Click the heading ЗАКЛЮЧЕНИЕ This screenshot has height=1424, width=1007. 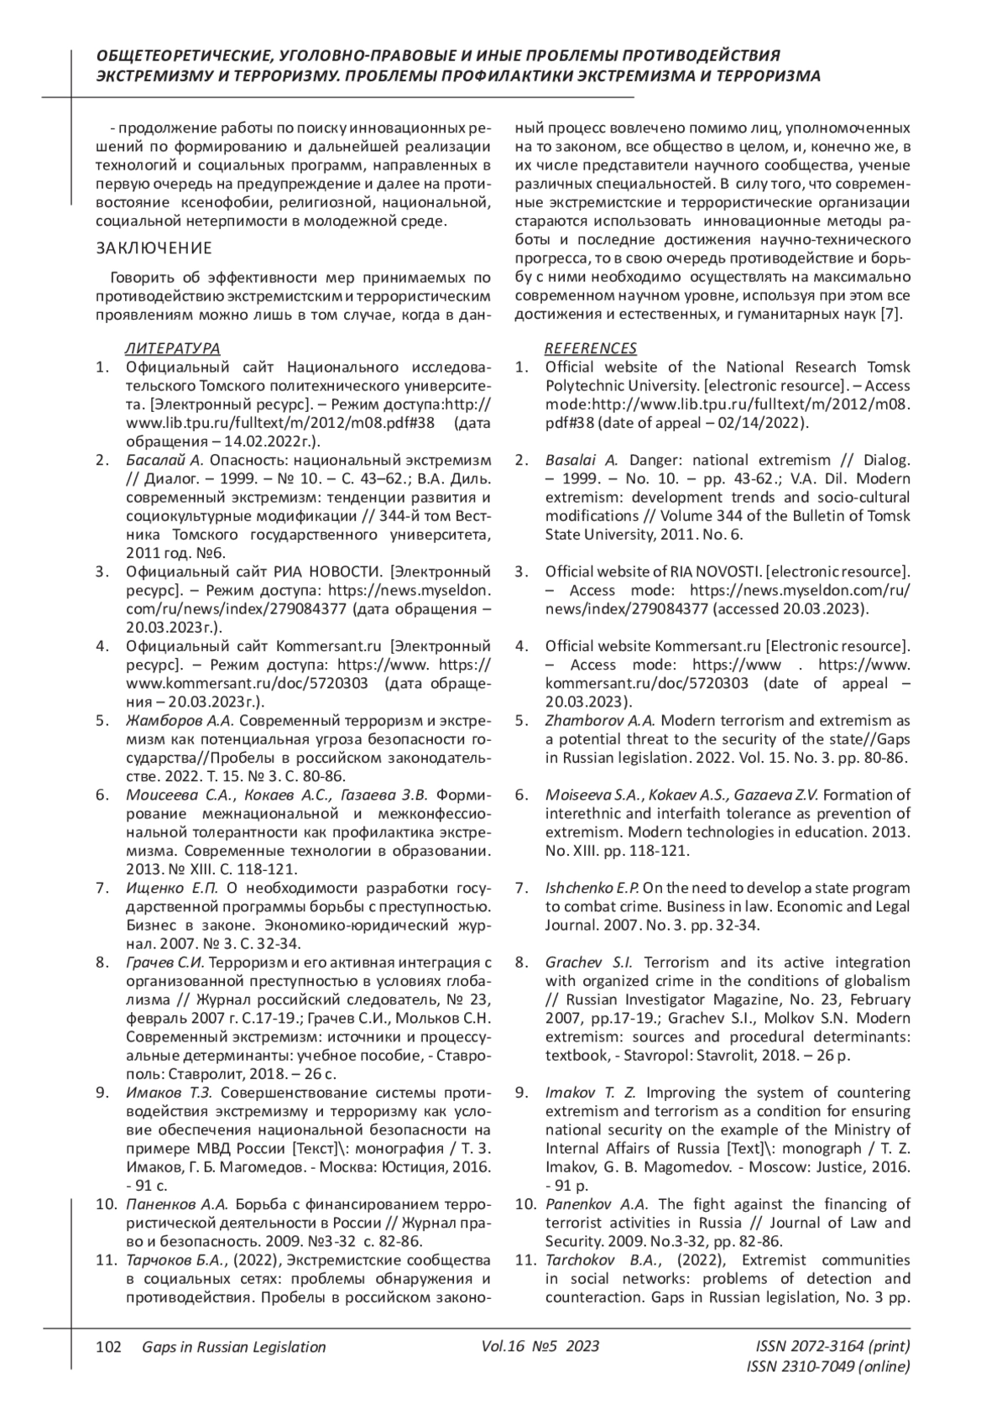(x=154, y=248)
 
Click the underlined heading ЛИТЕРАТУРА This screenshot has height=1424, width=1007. (x=173, y=348)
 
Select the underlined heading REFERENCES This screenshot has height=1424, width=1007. (x=591, y=348)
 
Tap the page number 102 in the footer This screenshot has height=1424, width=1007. (x=109, y=1347)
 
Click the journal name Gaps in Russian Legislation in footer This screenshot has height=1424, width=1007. (x=234, y=1347)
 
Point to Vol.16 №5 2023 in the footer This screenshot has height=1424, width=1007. (x=541, y=1346)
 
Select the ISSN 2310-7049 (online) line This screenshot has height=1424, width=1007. (x=827, y=1367)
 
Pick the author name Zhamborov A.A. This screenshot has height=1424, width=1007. (x=600, y=720)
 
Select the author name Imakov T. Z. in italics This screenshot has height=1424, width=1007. (x=591, y=1093)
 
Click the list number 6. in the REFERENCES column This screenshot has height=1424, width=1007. (x=522, y=795)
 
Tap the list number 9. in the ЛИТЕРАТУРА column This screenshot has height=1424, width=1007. (x=103, y=1093)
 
